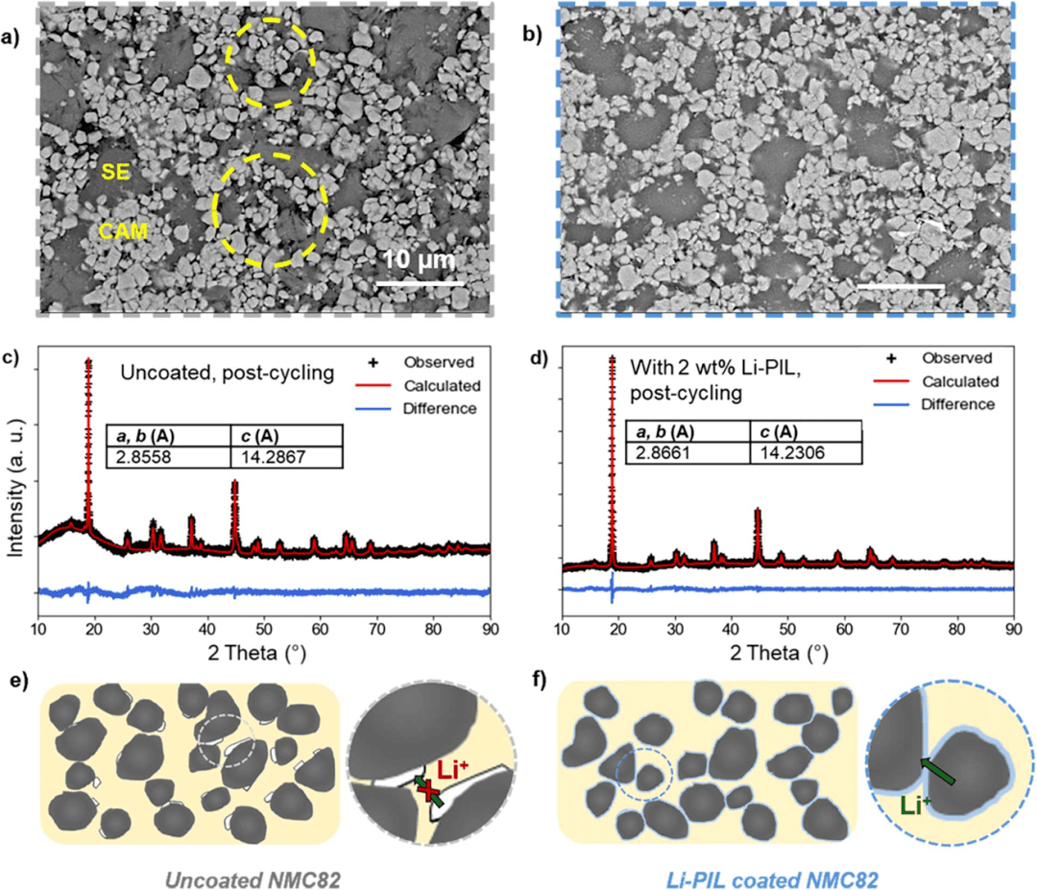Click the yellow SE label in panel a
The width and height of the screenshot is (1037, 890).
tap(117, 173)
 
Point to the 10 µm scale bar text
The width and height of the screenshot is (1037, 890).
tap(419, 260)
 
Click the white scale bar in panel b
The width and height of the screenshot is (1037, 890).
tap(901, 286)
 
